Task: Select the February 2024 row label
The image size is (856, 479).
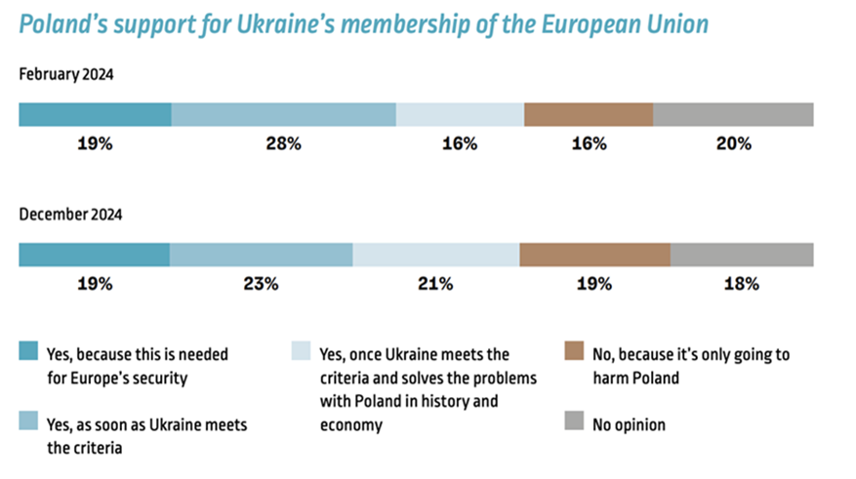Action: (67, 74)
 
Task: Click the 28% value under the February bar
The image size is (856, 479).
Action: (283, 143)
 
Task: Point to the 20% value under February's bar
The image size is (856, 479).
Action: (733, 143)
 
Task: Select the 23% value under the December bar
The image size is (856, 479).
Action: (262, 284)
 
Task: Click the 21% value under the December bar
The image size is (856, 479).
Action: (435, 284)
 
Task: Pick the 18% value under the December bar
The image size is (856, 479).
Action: (742, 284)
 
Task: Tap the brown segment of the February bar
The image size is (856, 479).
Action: (588, 114)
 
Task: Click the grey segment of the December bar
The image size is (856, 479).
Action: (741, 255)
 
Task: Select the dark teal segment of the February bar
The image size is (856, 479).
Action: (95, 114)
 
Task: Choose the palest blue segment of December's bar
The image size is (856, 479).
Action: (435, 255)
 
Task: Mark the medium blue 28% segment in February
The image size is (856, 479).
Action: (283, 114)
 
